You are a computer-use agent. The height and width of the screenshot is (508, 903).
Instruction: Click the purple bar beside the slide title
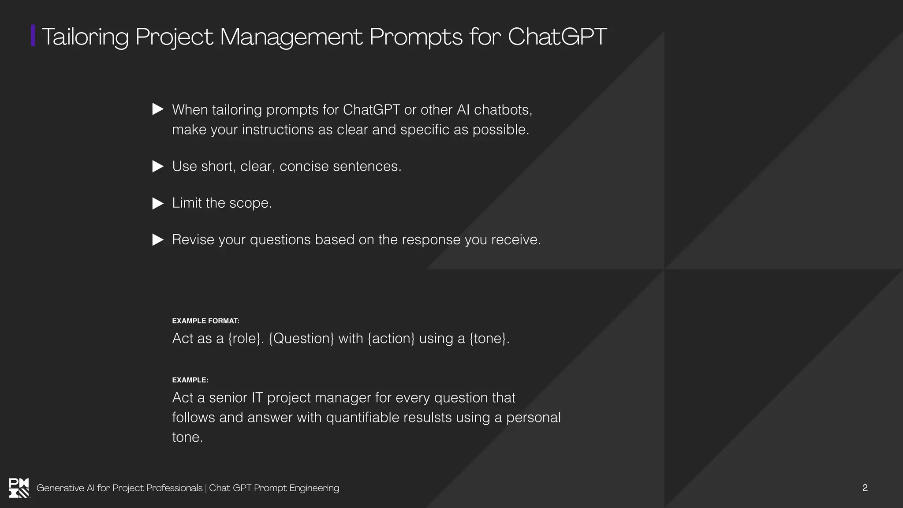pyautogui.click(x=33, y=36)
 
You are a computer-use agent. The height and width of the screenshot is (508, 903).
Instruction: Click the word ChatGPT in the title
pyautogui.click(x=557, y=36)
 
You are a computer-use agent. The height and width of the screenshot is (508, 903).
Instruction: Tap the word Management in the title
pyautogui.click(x=291, y=37)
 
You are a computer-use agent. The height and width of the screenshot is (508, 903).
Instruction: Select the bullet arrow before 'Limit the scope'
pyautogui.click(x=157, y=203)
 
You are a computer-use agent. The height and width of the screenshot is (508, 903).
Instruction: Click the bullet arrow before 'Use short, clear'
pyautogui.click(x=157, y=166)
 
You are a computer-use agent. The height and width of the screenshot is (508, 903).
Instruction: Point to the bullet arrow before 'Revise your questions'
pyautogui.click(x=157, y=240)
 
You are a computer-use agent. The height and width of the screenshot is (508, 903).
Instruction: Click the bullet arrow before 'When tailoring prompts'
pyautogui.click(x=157, y=109)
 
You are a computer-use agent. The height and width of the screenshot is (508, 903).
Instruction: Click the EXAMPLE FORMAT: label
pyautogui.click(x=205, y=321)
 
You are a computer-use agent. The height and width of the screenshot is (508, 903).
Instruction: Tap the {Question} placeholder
pyautogui.click(x=301, y=338)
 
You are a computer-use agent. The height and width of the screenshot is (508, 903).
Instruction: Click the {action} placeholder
pyautogui.click(x=391, y=338)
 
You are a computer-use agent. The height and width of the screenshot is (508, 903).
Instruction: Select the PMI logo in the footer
pyautogui.click(x=19, y=488)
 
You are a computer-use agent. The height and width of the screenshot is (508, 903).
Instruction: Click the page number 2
pyautogui.click(x=865, y=488)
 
